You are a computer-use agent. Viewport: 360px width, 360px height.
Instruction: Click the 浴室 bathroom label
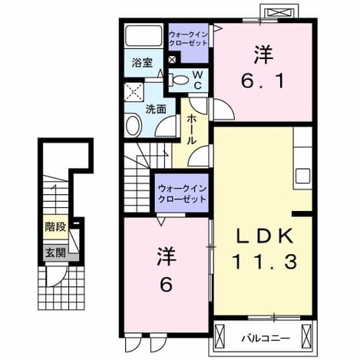(143, 63)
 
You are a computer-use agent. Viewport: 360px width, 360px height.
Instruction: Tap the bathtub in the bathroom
(144, 36)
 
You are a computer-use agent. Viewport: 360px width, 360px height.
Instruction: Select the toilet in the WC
(179, 80)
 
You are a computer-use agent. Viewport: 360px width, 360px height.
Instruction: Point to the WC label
(197, 80)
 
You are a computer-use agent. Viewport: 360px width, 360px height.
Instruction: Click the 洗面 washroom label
(156, 110)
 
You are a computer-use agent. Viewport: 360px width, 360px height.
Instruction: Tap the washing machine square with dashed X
(134, 92)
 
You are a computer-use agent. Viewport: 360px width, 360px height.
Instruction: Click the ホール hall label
(192, 130)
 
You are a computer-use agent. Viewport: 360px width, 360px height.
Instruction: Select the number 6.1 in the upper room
(263, 81)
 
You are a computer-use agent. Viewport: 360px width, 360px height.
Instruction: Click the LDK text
(264, 236)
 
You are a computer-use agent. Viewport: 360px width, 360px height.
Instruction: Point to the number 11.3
(265, 263)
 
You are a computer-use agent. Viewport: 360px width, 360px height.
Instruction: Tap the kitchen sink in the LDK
(302, 176)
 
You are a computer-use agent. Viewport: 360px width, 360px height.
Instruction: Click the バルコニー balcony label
(266, 339)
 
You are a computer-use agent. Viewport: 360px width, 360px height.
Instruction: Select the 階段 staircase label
(55, 226)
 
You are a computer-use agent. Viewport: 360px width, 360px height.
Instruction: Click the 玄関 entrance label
(55, 253)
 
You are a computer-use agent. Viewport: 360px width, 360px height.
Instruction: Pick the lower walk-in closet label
(182, 193)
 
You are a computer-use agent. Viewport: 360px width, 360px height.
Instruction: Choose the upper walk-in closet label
(189, 38)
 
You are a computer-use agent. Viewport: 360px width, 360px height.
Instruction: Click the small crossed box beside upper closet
(172, 59)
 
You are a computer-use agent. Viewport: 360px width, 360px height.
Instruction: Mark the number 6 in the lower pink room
(166, 284)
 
